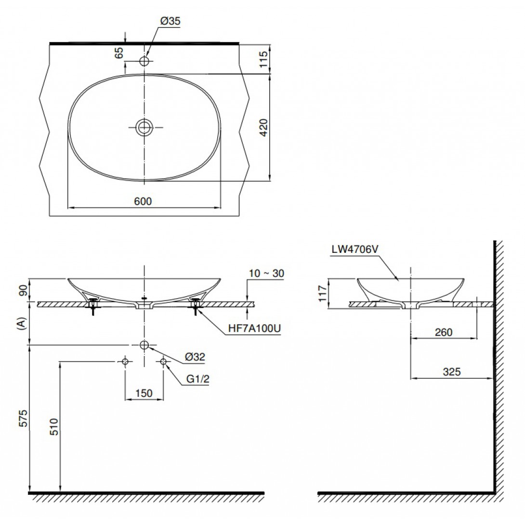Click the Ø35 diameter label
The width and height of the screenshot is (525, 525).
click(x=170, y=21)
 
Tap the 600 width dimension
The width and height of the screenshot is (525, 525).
click(x=143, y=201)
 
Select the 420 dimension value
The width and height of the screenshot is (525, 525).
click(x=264, y=127)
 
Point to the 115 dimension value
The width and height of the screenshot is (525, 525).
click(x=264, y=59)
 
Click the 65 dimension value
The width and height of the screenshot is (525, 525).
click(x=119, y=52)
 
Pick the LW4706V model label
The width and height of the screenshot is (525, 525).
click(x=355, y=249)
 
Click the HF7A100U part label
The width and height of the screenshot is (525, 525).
click(x=254, y=328)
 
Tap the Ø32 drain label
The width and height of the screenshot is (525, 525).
click(x=195, y=356)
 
